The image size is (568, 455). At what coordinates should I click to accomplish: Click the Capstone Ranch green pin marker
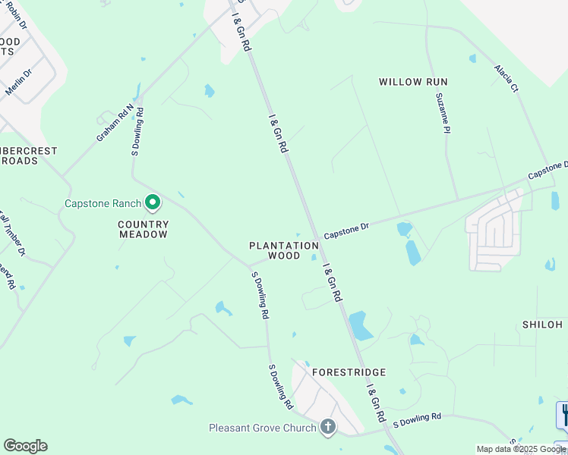point(153,202)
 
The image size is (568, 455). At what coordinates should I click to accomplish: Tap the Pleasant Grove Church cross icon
point(328,428)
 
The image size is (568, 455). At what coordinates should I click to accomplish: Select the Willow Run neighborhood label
point(413,82)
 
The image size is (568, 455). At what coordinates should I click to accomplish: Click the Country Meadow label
point(143,230)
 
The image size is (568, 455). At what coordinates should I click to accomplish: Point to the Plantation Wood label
point(284,251)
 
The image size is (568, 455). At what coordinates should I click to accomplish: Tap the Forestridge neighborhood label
point(349,372)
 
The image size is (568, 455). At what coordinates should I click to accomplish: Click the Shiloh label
point(542,325)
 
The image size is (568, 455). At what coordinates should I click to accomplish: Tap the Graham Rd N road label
point(115,123)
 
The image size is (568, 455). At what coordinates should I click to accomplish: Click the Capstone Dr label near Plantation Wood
point(346,231)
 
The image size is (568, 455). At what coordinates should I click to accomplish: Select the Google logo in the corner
point(25,446)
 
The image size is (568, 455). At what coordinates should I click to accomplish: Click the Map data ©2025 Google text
point(521,449)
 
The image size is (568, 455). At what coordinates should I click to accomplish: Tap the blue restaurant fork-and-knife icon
point(564,415)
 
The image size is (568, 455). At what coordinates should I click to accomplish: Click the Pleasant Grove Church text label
point(262,428)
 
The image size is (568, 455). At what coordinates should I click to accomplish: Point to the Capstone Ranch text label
point(103,203)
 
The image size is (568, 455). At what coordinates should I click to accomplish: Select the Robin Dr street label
point(16,15)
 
